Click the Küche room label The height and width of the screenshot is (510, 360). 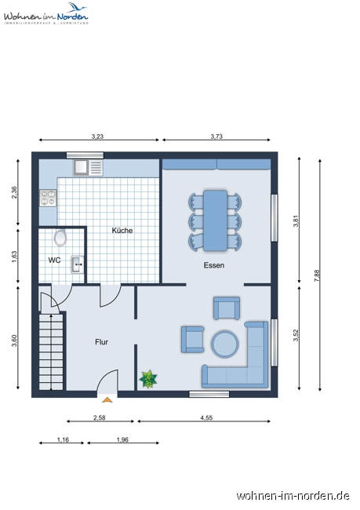click(122, 231)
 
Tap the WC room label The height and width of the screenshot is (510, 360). click(54, 259)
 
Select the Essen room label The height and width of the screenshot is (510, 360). click(213, 265)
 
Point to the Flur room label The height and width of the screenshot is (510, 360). click(102, 342)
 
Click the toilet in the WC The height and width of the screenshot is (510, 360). click(60, 237)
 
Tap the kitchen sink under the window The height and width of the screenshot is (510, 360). click(85, 167)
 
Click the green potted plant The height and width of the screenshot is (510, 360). click(148, 379)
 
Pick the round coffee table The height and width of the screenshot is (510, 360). click(225, 343)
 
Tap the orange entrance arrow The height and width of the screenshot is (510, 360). click(107, 399)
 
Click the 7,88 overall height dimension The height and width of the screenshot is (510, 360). click(318, 274)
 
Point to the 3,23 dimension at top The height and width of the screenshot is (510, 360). click(97, 137)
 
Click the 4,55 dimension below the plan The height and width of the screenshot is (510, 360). click(206, 418)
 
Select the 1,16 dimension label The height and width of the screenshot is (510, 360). click(63, 440)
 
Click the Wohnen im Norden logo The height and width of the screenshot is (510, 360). click(45, 13)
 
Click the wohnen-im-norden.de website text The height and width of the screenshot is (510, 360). click(293, 495)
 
